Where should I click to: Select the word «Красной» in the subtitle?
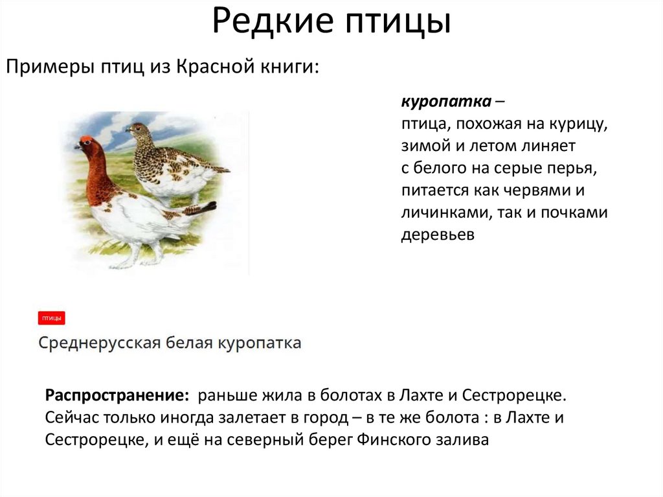point(210,67)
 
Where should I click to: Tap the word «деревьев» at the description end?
point(438,235)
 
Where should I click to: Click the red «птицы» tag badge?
point(52,318)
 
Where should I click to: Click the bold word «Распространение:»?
point(117,395)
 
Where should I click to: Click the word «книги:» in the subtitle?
point(289,67)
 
